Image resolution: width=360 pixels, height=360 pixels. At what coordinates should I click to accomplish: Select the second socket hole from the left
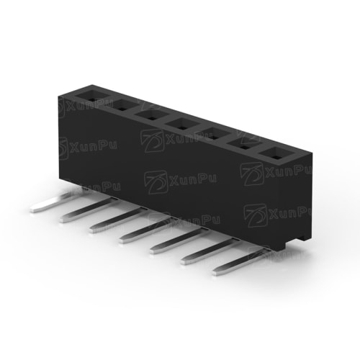(x=122, y=106)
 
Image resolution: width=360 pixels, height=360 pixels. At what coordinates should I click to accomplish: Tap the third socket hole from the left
(x=152, y=116)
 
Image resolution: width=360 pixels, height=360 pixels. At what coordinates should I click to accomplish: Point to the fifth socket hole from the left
(x=212, y=135)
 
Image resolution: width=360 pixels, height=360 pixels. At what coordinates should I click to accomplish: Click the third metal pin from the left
(x=117, y=221)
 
